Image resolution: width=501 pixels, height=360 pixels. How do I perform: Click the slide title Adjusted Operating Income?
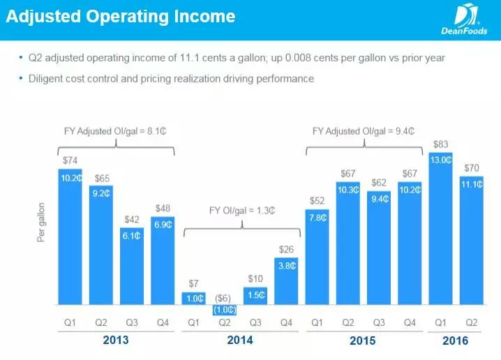121,17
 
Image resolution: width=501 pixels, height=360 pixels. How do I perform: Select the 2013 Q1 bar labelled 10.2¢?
69,237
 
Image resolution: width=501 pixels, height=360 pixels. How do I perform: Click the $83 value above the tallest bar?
441,144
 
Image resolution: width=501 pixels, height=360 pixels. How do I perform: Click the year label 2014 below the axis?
240,340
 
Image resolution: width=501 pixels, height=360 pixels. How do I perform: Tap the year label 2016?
455,341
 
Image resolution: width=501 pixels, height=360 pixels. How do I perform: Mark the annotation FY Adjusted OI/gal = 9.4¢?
364,130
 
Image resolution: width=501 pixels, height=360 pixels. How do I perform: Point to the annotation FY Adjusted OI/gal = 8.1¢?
116,130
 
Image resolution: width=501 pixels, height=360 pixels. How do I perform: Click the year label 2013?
115,340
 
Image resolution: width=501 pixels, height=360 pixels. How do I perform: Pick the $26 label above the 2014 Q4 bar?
286,249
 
